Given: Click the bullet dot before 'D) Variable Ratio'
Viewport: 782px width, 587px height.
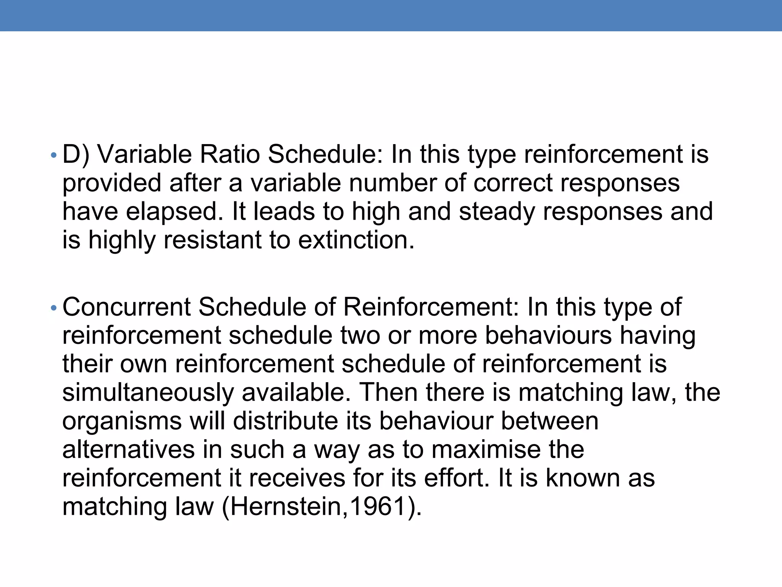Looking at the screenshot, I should tap(54, 155).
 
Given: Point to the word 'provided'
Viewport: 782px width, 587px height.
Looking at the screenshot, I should tap(112, 183).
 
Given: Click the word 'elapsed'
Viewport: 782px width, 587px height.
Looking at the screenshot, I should tap(174, 212).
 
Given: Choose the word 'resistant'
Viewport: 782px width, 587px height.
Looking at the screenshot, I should tap(213, 240).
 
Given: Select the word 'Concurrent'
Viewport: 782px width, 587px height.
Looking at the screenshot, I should tap(126, 307).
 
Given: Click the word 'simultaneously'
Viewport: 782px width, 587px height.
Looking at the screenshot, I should tap(148, 393).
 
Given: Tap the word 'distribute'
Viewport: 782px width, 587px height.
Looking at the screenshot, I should tap(286, 421).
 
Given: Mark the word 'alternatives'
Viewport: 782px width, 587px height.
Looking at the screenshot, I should tap(129, 449).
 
